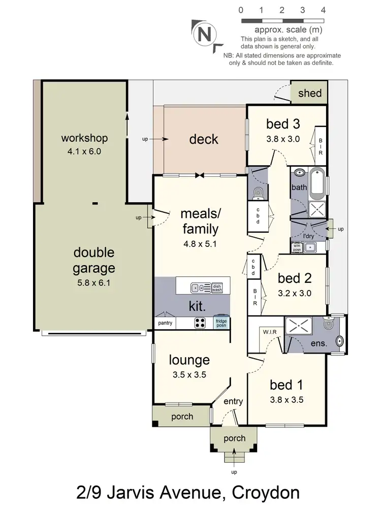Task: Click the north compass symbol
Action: (204, 35)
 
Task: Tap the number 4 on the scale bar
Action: (323, 10)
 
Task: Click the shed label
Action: (309, 93)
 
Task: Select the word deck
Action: (203, 139)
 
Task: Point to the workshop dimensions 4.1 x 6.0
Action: (84, 151)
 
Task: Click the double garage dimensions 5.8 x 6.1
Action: (94, 283)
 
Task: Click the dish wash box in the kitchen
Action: (217, 288)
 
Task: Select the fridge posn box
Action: (221, 323)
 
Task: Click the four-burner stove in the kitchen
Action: (200, 322)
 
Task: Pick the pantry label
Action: (165, 323)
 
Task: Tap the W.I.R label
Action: (269, 332)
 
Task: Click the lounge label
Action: (189, 360)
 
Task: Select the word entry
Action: (233, 401)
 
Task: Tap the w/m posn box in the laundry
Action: (296, 248)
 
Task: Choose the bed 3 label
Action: (283, 124)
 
